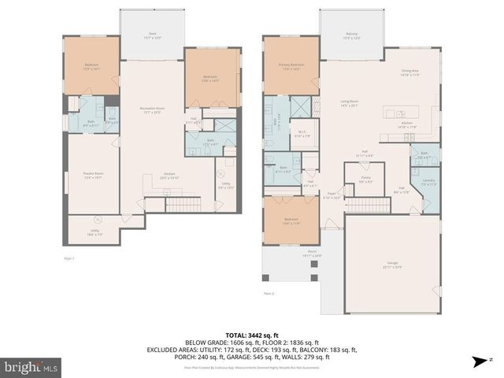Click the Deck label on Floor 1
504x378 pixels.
click(x=152, y=35)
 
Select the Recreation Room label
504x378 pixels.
click(x=153, y=109)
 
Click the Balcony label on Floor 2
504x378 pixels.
click(x=351, y=35)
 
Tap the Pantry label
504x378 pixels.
click(x=365, y=180)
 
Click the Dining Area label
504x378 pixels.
click(x=410, y=72)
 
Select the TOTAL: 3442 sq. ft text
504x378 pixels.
click(x=252, y=334)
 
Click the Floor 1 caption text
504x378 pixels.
click(x=69, y=258)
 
